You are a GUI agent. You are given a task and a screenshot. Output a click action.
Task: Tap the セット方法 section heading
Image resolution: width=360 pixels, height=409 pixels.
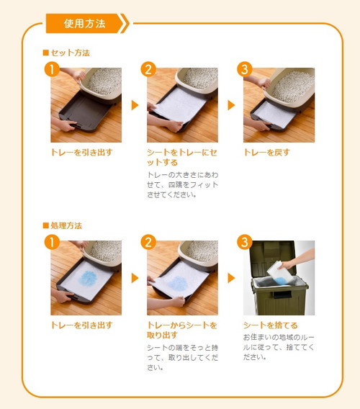coord(66,53)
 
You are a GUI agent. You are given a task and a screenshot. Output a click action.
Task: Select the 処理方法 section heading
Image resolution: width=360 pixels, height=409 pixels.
coord(63,225)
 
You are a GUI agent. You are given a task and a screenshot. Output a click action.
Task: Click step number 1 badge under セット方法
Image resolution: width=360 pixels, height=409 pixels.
coord(52,69)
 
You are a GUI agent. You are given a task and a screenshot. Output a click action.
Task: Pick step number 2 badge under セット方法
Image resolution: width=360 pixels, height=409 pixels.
coord(148,69)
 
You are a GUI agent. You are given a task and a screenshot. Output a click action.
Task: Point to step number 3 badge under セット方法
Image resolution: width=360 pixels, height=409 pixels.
coord(244,69)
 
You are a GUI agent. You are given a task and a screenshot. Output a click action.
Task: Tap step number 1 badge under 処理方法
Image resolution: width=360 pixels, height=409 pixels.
coord(52,242)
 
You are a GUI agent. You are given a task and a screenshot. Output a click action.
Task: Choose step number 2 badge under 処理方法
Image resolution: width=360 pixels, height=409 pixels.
coord(148,242)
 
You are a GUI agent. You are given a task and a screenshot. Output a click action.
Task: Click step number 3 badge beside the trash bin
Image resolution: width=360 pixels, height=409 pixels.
coord(244,242)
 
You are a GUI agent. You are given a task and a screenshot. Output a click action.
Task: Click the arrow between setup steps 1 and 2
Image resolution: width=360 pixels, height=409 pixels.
coord(135,105)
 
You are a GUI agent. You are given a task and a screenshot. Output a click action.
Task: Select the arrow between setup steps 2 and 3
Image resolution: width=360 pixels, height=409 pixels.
coord(231,105)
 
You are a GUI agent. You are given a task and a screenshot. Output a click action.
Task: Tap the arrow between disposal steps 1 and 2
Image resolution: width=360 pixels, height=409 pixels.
coord(135,278)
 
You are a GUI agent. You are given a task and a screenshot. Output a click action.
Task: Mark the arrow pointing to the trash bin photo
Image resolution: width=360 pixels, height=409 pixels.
coord(231,278)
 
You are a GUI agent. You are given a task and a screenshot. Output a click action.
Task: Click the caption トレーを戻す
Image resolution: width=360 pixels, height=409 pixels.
coord(266,153)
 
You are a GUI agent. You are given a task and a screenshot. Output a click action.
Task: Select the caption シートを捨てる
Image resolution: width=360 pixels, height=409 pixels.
coord(270,325)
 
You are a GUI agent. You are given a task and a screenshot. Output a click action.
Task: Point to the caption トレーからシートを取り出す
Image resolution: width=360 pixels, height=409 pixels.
coord(182,330)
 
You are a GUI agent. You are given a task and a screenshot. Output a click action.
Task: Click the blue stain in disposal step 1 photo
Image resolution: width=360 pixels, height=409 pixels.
coord(88,279)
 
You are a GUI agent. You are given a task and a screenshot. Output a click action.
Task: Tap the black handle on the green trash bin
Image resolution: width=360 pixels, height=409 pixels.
coord(282,295)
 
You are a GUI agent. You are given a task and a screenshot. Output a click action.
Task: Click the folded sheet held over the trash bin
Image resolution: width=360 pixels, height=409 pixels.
coord(279,274)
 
